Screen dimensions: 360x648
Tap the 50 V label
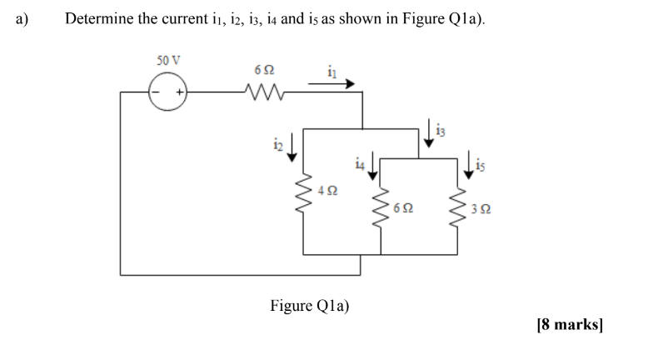tap(169, 61)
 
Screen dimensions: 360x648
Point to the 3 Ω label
tap(485, 212)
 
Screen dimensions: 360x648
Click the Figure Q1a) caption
tap(310, 305)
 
